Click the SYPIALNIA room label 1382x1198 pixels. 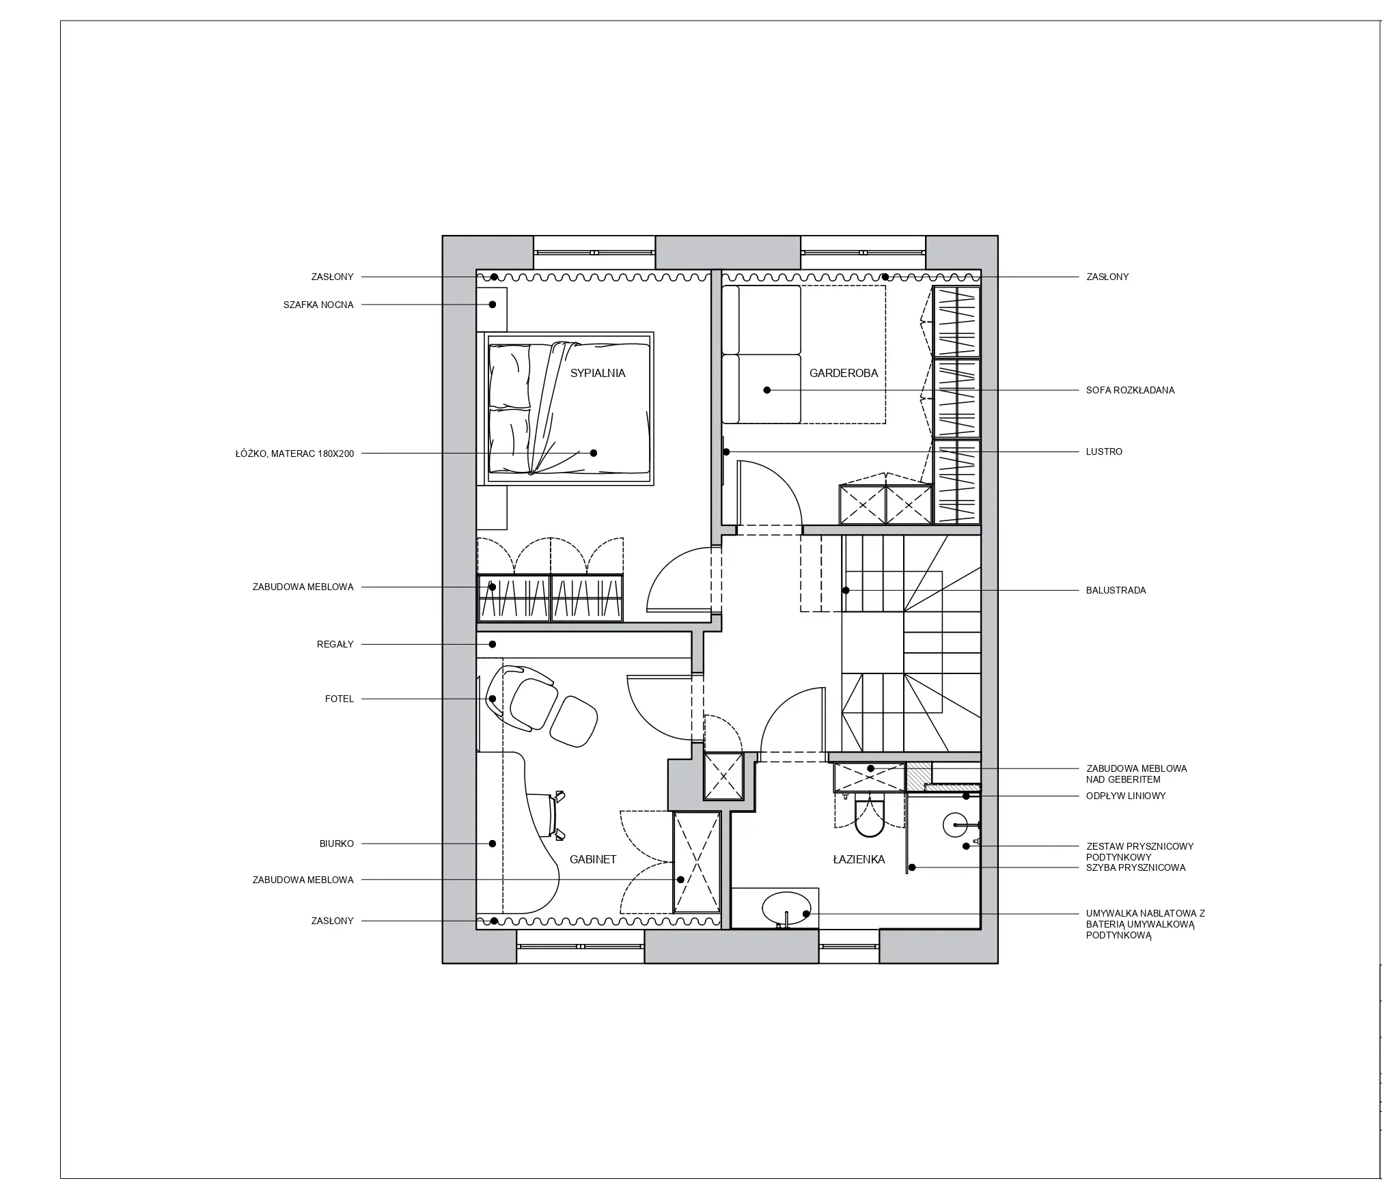598,373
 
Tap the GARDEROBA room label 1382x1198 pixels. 844,373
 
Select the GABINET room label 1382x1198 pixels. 593,859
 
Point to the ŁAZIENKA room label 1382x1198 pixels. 859,859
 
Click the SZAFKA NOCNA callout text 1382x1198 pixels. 318,305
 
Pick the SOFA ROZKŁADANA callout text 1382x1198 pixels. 1130,390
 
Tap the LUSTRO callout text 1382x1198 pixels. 1104,451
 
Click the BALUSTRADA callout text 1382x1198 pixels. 1116,590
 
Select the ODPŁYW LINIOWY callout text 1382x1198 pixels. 1126,796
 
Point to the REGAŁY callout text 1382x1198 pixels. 335,644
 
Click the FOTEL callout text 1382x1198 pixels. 340,699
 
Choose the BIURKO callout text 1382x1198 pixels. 337,844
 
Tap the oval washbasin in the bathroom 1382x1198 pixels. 786,909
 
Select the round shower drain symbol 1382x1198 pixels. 954,824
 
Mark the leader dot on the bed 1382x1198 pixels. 594,453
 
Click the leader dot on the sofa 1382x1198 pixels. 766,390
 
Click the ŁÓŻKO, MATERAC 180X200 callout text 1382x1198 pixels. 295,454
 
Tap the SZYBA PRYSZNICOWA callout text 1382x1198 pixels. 1135,867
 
